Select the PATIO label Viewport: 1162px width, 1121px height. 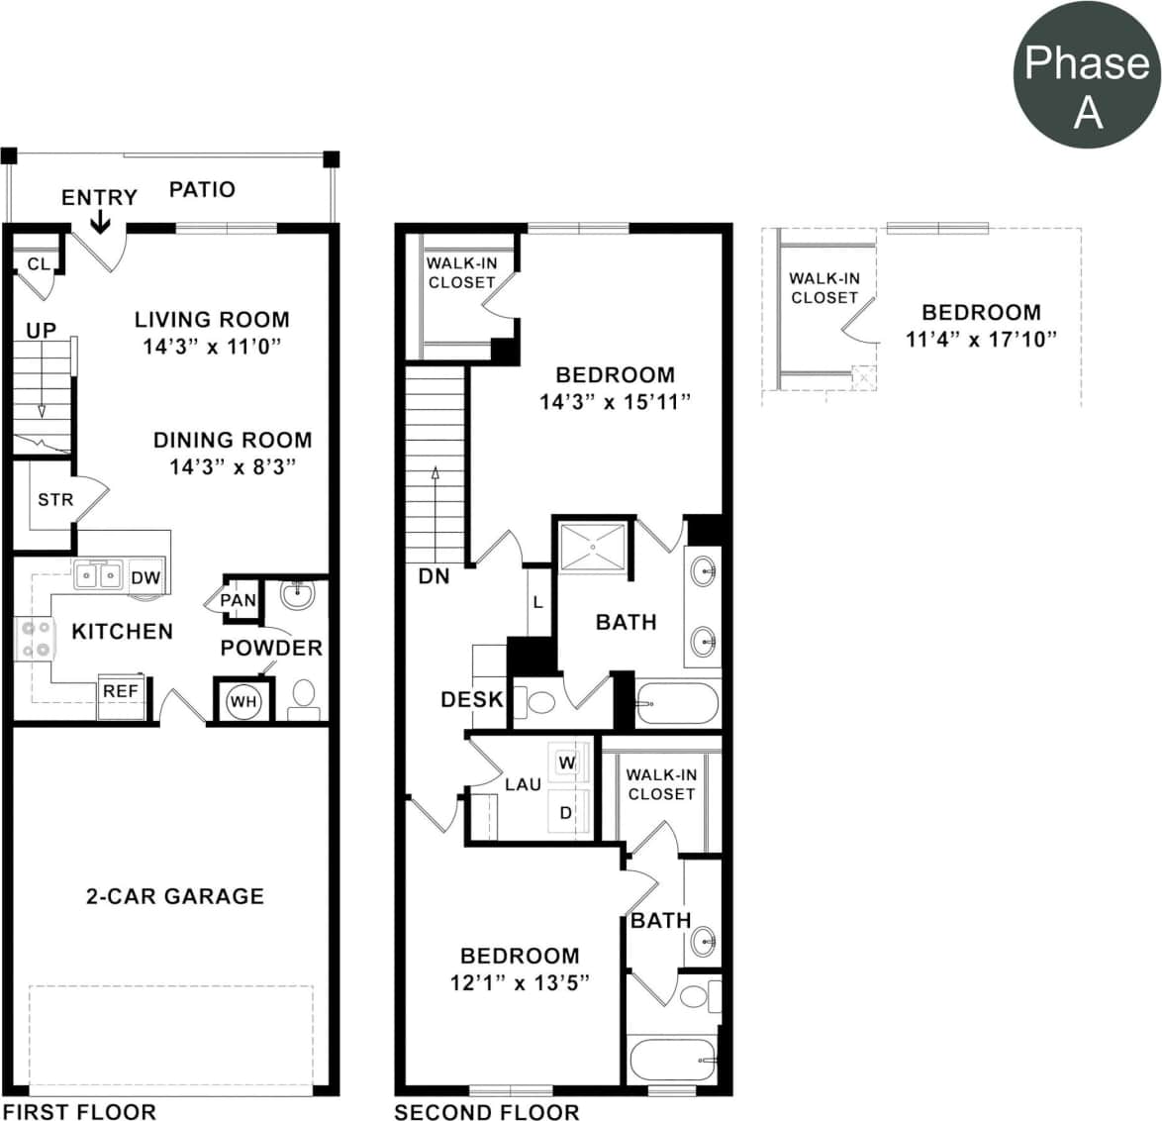(202, 189)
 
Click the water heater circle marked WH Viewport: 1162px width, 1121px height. (242, 701)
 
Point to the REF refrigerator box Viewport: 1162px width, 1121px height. (121, 691)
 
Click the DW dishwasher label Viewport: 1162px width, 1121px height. (145, 577)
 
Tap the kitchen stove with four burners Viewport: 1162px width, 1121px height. (34, 639)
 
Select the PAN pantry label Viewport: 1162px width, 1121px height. (238, 600)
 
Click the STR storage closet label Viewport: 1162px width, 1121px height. (55, 500)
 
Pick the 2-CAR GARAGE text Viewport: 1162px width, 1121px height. (175, 896)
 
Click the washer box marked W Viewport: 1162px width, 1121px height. (567, 763)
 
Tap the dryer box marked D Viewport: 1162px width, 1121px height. (566, 813)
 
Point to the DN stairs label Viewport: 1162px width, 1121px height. (434, 575)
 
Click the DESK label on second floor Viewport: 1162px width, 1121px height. (471, 699)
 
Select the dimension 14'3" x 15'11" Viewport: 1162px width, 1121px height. (614, 402)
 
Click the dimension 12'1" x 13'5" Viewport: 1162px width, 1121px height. (520, 982)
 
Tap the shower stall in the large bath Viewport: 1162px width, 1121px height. (594, 546)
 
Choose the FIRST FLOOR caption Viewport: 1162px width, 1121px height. (78, 1111)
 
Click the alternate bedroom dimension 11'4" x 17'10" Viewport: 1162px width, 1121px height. (981, 339)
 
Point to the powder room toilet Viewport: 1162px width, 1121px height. (304, 697)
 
